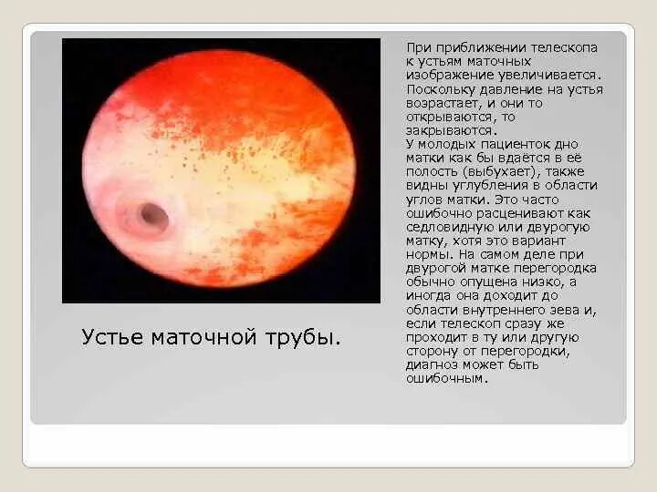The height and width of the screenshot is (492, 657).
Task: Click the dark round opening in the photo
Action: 152,216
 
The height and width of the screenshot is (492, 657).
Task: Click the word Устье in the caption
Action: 112,338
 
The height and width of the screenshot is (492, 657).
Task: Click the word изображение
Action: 451,75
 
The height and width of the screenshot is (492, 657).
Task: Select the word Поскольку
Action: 443,89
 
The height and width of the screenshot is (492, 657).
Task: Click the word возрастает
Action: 444,103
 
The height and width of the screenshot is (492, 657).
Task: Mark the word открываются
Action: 448,118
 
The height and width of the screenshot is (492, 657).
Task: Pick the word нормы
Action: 429,254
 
